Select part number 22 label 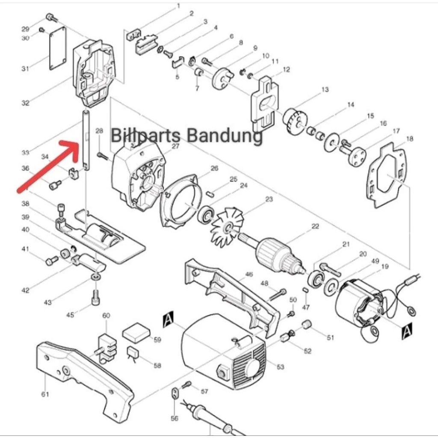[x=315, y=227]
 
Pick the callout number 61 [x=45, y=394]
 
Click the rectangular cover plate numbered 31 [x=57, y=48]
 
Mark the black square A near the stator [x=407, y=330]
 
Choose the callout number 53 [x=281, y=367]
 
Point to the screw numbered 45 [x=95, y=297]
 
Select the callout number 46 [x=249, y=274]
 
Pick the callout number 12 [x=286, y=69]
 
